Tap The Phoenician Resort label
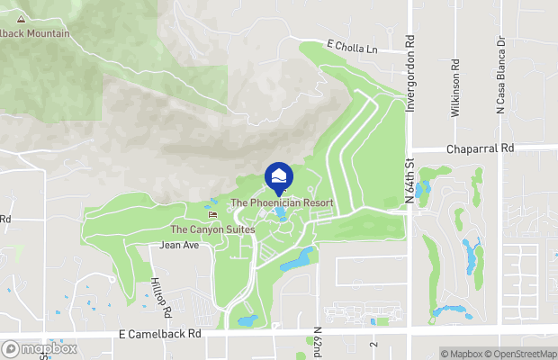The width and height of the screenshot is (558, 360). click(x=282, y=203)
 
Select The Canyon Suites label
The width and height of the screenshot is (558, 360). click(x=213, y=229)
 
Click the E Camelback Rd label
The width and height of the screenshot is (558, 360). click(x=159, y=333)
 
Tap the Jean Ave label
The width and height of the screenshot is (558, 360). click(x=178, y=244)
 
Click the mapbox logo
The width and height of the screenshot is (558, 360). click(x=39, y=348)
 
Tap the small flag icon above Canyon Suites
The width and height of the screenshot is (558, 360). click(x=212, y=214)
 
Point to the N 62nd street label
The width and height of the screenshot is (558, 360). click(x=318, y=341)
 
